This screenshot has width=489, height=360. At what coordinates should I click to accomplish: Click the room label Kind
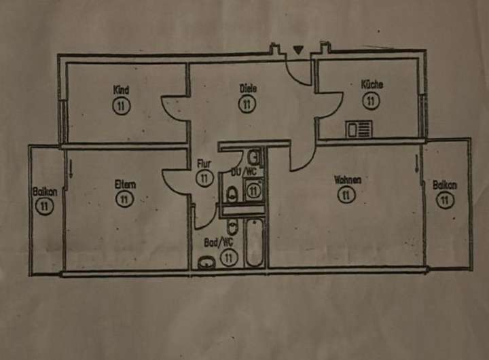pos(122,90)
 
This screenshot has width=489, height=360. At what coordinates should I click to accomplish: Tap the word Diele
pos(247,88)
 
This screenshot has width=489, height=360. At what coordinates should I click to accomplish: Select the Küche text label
pos(372,85)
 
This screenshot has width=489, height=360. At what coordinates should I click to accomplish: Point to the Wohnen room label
pos(347,180)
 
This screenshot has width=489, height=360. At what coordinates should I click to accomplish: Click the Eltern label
pos(125,183)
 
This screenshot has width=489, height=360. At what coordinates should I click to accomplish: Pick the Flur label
pos(204,164)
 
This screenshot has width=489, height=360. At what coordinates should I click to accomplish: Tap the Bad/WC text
pos(219,242)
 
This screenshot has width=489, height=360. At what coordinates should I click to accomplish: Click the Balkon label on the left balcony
pos(45,192)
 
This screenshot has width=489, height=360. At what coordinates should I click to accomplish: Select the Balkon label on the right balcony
pos(445,185)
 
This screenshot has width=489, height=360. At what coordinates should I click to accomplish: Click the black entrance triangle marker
pos(297,49)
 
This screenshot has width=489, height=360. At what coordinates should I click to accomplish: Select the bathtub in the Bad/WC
pos(254,242)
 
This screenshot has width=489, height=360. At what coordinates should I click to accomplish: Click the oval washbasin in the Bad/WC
pos(206,262)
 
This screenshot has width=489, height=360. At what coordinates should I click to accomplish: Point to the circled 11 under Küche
pos(371,101)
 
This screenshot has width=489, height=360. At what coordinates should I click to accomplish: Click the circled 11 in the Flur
pos(204,178)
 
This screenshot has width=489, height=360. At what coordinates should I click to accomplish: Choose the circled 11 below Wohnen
pos(346,196)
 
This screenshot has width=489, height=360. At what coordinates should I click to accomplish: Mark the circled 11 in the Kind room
pos(122,105)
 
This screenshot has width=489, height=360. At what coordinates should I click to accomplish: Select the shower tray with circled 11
pos(253,191)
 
